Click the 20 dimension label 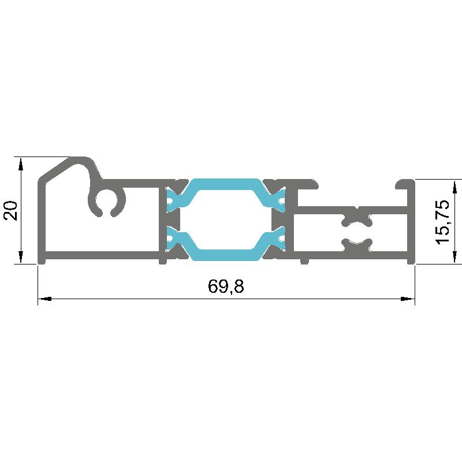click(x=10, y=210)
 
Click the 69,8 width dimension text click(x=226, y=286)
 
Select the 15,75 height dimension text click(x=442, y=222)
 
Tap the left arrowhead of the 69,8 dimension click(x=45, y=299)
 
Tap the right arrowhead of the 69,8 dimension click(x=408, y=299)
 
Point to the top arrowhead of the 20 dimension click(x=21, y=164)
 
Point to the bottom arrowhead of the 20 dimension click(x=21, y=257)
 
